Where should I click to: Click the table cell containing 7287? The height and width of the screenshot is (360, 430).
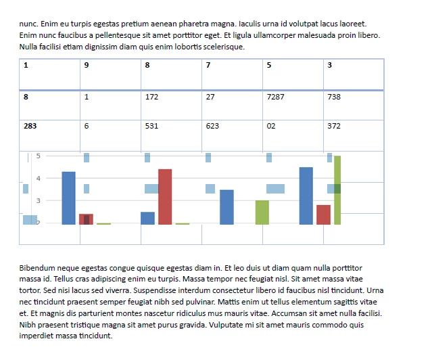pyautogui.click(x=292, y=105)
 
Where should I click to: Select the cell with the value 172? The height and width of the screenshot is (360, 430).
pyautogui.click(x=171, y=105)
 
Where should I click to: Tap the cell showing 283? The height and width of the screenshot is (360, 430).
pyautogui.click(x=49, y=135)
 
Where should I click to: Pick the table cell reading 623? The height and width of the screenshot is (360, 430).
pyautogui.click(x=232, y=135)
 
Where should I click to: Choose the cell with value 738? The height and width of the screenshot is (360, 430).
pyautogui.click(x=354, y=105)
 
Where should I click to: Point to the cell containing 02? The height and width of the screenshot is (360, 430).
pyautogui.click(x=292, y=135)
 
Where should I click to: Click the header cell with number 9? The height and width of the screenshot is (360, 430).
pyautogui.click(x=110, y=74)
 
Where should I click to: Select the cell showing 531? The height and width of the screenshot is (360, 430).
pyautogui.click(x=171, y=135)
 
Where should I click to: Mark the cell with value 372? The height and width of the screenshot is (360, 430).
pyautogui.click(x=354, y=135)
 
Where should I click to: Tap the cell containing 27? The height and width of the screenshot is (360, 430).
pyautogui.click(x=232, y=105)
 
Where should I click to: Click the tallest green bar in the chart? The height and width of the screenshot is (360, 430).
pyautogui.click(x=337, y=190)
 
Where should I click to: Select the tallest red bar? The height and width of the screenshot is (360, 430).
pyautogui.click(x=165, y=197)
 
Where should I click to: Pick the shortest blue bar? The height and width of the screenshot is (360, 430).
pyautogui.click(x=147, y=218)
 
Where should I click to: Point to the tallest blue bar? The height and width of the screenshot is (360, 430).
pyautogui.click(x=306, y=196)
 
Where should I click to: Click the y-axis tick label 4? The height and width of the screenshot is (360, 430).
pyautogui.click(x=39, y=178)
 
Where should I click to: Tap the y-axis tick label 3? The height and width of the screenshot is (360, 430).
pyautogui.click(x=39, y=200)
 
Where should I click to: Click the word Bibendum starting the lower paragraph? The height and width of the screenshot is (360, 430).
pyautogui.click(x=39, y=268)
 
